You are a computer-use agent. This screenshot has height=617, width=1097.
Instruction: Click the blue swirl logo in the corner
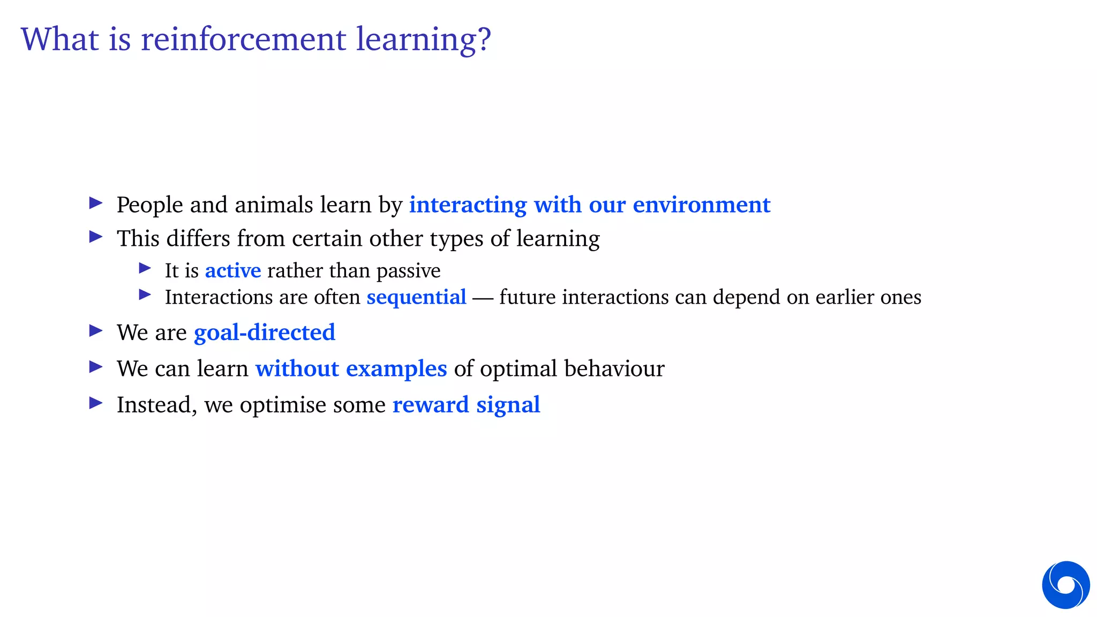pyautogui.click(x=1065, y=585)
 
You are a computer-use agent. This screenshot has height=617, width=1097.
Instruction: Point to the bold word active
pyautogui.click(x=233, y=271)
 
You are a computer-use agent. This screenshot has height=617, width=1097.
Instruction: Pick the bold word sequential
pyautogui.click(x=416, y=297)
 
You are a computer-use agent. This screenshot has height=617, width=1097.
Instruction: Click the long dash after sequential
pyautogui.click(x=483, y=298)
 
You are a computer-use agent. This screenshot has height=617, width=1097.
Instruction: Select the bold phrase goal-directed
pyautogui.click(x=265, y=333)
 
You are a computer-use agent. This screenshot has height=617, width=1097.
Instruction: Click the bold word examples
pyautogui.click(x=396, y=369)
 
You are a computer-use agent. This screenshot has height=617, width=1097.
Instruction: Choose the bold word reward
pyautogui.click(x=431, y=405)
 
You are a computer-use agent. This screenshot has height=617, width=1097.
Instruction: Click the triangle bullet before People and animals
pyautogui.click(x=96, y=203)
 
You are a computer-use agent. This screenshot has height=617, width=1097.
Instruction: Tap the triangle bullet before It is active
pyautogui.click(x=145, y=268)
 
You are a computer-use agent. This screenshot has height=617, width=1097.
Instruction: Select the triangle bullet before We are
pyautogui.click(x=96, y=331)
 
